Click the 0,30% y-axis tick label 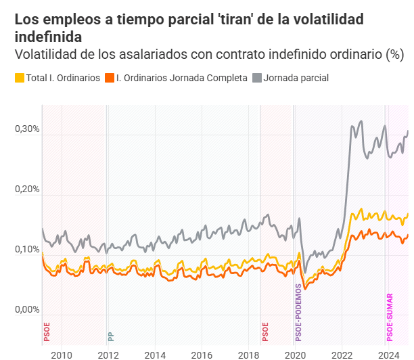pyautogui.click(x=28, y=129)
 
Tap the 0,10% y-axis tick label pyautogui.click(x=28, y=250)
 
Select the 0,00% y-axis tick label pyautogui.click(x=28, y=311)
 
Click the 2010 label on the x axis pyautogui.click(x=62, y=354)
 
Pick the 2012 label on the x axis pyautogui.click(x=108, y=354)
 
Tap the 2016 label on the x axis pyautogui.click(x=202, y=354)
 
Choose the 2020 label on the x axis pyautogui.click(x=295, y=354)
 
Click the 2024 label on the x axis pyautogui.click(x=388, y=354)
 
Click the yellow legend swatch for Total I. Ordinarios pyautogui.click(x=19, y=78)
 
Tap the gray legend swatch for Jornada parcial pyautogui.click(x=256, y=78)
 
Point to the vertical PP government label pyautogui.click(x=111, y=336)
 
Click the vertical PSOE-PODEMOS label pyautogui.click(x=298, y=312)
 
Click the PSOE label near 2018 pyautogui.click(x=265, y=331)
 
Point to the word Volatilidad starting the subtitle pyautogui.click(x=44, y=54)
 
